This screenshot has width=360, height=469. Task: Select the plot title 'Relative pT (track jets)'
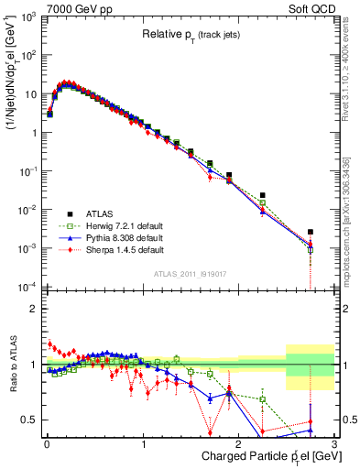click(191, 35)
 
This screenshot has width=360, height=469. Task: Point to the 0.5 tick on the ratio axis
click(32, 420)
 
